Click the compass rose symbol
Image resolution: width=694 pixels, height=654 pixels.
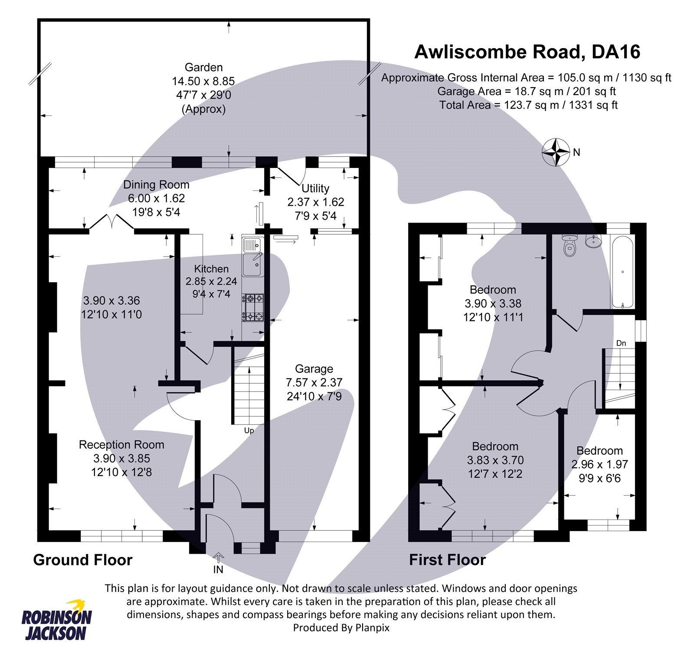click(x=556, y=152)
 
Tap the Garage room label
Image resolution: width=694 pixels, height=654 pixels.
click(x=314, y=369)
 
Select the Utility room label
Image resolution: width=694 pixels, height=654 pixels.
click(x=315, y=188)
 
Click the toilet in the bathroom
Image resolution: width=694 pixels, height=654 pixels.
click(x=570, y=246)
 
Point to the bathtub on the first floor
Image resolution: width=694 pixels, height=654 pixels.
click(x=622, y=272)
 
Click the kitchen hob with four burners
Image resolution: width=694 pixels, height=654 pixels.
click(x=253, y=307)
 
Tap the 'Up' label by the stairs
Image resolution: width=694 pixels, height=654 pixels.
click(x=249, y=431)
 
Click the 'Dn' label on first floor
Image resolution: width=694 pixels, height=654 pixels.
click(x=621, y=343)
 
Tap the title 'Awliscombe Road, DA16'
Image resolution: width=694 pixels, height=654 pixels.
click(x=527, y=52)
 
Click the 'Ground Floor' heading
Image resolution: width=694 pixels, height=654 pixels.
click(x=82, y=560)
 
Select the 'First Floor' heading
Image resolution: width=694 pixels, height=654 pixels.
click(x=447, y=560)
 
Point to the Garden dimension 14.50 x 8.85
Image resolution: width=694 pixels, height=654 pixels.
click(x=203, y=81)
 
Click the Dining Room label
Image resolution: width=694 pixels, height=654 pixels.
click(x=156, y=184)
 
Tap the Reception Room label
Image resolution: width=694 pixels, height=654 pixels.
click(x=121, y=445)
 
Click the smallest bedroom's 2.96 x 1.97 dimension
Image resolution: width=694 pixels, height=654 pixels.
click(x=599, y=464)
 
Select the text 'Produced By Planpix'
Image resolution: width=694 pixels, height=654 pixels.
click(x=341, y=628)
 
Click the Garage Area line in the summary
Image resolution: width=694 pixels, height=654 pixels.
click(x=526, y=91)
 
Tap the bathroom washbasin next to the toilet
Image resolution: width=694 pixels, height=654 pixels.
click(x=593, y=241)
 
